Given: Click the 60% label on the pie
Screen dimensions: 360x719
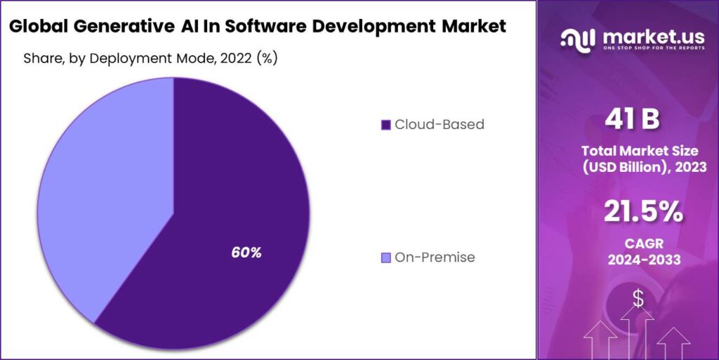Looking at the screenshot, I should [246, 253].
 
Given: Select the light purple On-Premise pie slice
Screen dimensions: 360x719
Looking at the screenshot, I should [98, 196].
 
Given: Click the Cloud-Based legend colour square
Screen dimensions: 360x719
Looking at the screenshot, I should [385, 125].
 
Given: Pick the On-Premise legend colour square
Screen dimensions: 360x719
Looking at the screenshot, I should [385, 258].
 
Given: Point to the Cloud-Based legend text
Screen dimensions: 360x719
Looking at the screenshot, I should [439, 125].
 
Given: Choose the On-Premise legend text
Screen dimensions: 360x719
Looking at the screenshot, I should [435, 258].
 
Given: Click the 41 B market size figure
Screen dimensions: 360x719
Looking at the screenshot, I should [632, 120].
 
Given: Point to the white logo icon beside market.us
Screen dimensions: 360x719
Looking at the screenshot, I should [578, 39].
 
